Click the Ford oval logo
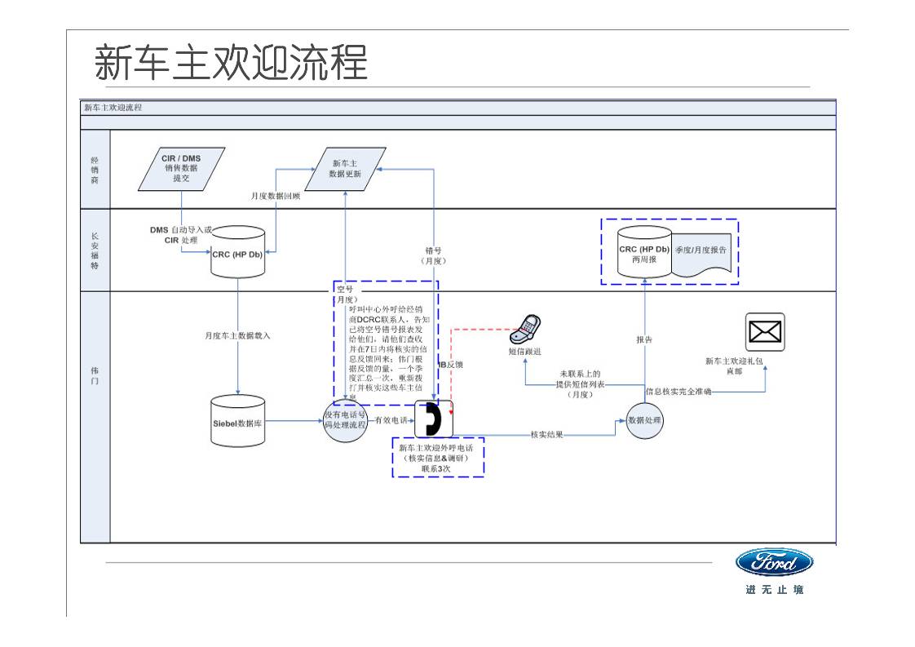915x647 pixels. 774,562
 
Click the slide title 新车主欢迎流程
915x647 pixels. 231,63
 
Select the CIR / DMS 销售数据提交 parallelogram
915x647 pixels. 181,168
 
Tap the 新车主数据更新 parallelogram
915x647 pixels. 345,168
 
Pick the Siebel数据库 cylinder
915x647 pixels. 238,421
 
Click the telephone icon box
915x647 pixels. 433,419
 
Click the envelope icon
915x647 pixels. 764,332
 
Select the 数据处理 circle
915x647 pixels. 644,420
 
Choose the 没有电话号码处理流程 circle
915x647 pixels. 345,420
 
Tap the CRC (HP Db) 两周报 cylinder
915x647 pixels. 643,253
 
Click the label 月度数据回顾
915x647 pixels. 275,196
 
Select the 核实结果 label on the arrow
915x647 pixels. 546,434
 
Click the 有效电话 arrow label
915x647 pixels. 391,420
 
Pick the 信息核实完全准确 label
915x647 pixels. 679,392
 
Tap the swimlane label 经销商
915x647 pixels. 95,169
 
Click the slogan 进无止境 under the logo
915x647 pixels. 774,589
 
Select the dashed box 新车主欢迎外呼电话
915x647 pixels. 438,459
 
